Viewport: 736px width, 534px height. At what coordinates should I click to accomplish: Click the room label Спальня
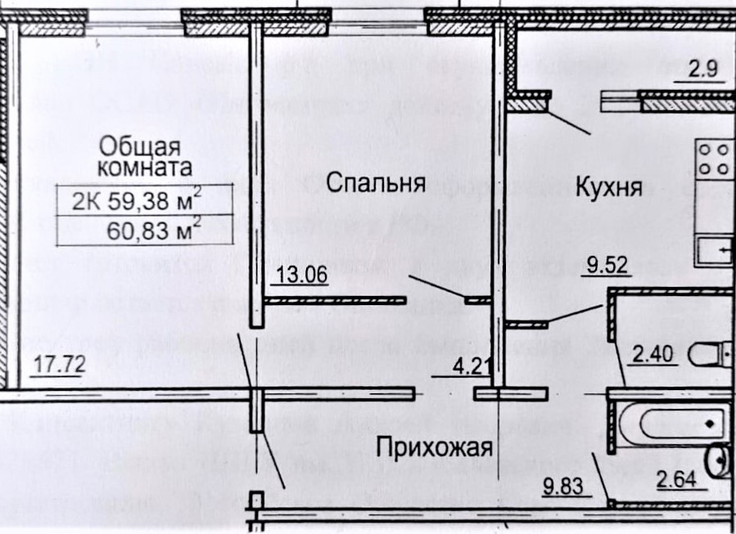click(x=376, y=182)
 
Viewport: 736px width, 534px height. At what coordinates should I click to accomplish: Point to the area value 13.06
click(x=303, y=276)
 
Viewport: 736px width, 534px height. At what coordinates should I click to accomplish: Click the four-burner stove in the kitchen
click(x=714, y=157)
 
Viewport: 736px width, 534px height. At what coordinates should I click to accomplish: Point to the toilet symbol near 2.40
click(x=709, y=354)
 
